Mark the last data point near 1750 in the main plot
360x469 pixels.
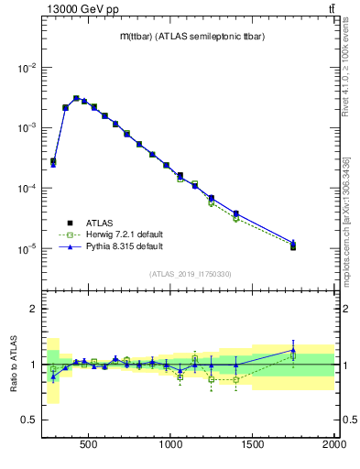coord(293,246)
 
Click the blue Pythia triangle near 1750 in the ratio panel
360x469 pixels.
coord(293,350)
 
